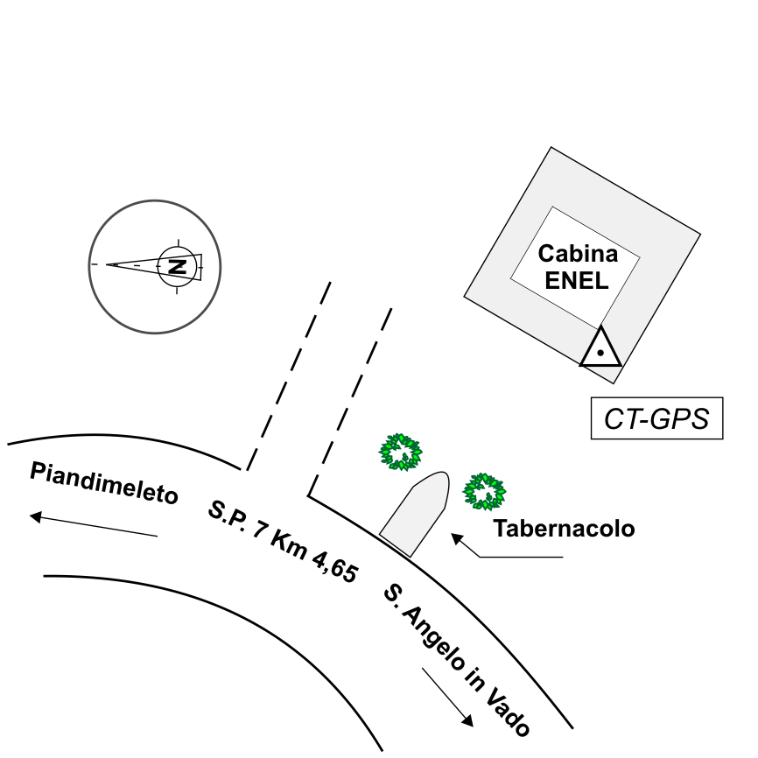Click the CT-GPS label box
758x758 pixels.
coord(656,418)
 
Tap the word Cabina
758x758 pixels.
coord(578,255)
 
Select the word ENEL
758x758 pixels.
coord(577,280)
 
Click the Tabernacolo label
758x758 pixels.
coord(563,529)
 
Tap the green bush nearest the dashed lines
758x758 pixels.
coord(400,452)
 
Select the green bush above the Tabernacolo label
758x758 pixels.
coord(483,491)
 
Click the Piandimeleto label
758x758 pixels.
coord(104,482)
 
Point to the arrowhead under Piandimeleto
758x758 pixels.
coord(36,516)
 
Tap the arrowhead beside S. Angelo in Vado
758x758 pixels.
coord(468,721)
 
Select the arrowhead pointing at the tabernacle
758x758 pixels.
coord(456,537)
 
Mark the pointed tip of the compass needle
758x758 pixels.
coord(109,263)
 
